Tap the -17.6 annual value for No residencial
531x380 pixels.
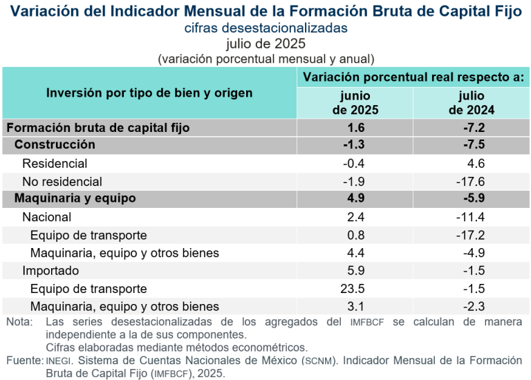[471, 182]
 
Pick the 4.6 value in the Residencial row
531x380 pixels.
[476, 164]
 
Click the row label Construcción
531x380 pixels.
[55, 145]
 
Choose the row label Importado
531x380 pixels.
[50, 271]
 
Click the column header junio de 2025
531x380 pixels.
[355, 102]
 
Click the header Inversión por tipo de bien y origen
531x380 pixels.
[149, 93]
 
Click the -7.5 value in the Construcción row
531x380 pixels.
[473, 145]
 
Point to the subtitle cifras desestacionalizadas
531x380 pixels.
[265, 28]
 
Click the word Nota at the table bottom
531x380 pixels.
[19, 323]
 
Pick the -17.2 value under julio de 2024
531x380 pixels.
[471, 235]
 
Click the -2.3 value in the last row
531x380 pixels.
[473, 306]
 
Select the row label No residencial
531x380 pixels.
[62, 182]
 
